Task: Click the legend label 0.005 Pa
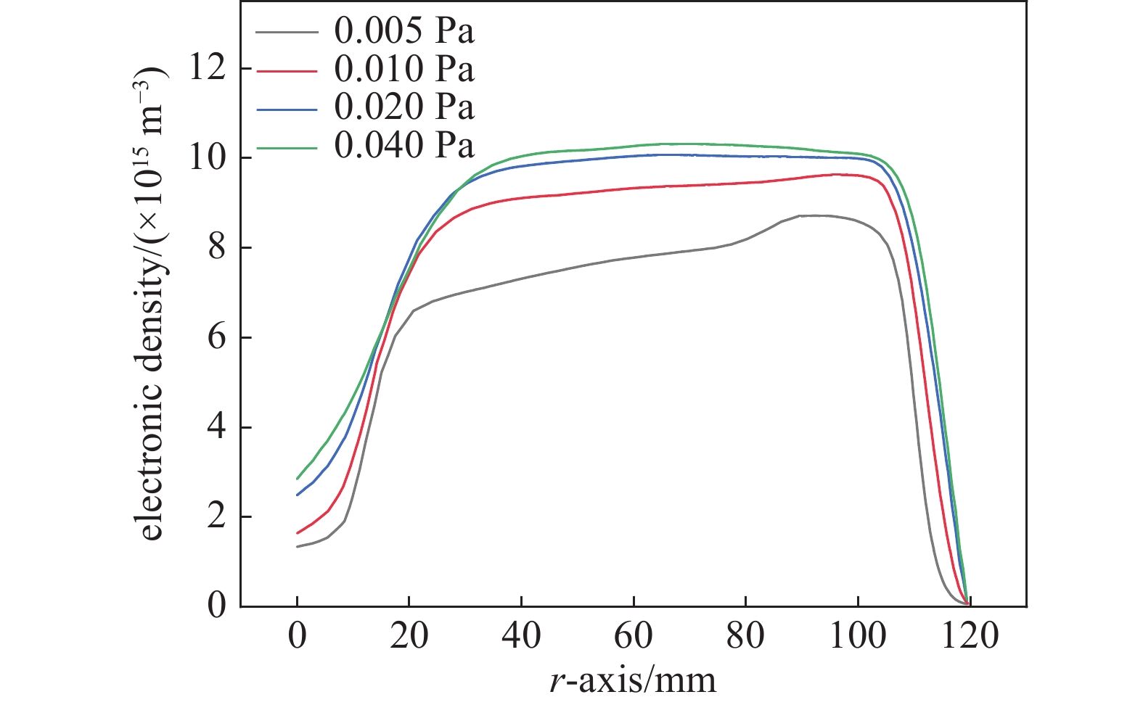[403, 31]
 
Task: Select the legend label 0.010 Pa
[403, 69]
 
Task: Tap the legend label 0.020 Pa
[403, 107]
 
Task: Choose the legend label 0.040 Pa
[403, 146]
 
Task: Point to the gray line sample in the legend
[287, 32]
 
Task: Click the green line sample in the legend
[287, 147]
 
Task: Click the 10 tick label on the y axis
[206, 158]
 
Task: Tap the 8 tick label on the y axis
[216, 248]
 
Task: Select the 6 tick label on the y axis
[216, 338]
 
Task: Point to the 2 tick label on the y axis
[216, 517]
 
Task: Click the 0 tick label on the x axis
[298, 636]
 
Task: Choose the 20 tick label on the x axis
[409, 636]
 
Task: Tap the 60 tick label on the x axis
[634, 636]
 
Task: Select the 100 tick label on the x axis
[858, 636]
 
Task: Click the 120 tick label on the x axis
[970, 636]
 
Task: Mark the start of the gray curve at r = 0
[298, 546]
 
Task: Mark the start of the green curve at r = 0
[298, 479]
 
